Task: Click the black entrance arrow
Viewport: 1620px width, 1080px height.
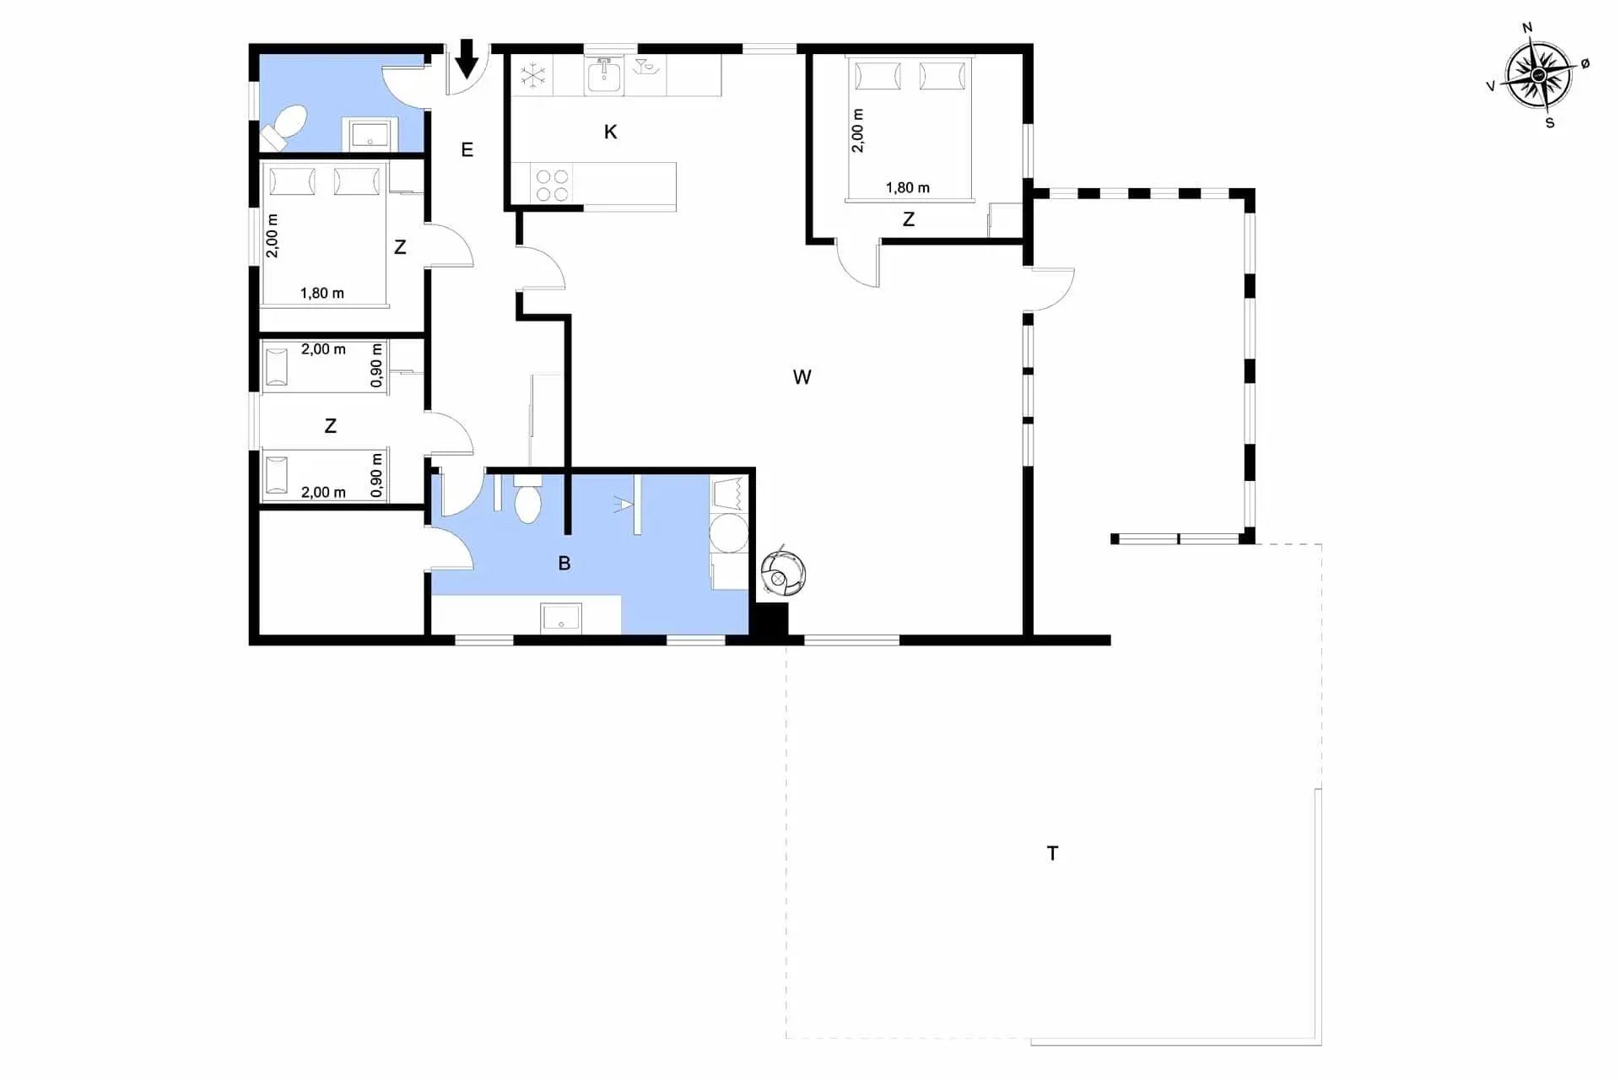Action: (x=467, y=60)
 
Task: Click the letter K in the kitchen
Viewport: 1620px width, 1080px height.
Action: (x=610, y=132)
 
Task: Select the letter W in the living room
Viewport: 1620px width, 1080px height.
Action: (x=802, y=377)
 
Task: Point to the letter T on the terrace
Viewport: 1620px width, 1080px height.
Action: (x=1052, y=853)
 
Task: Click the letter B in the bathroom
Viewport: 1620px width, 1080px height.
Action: (x=564, y=563)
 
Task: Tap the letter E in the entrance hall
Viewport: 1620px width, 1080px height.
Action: (x=467, y=150)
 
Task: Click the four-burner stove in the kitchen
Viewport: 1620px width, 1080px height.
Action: (x=552, y=186)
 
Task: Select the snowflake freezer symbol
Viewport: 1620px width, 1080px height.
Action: (x=532, y=76)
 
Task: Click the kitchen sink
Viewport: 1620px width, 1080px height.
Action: (x=603, y=76)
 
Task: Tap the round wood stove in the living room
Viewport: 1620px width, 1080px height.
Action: (x=783, y=573)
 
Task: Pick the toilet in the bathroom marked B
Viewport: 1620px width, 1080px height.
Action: (x=527, y=499)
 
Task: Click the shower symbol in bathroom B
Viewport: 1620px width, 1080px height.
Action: (x=624, y=505)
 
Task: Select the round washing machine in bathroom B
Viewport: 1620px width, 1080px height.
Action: (x=728, y=533)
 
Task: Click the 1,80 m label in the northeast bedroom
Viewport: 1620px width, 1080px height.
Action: (x=907, y=187)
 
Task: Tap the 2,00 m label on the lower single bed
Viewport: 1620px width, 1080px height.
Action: (x=323, y=492)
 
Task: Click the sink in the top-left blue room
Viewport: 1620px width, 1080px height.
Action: (x=370, y=134)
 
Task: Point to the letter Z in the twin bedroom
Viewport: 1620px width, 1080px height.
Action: (x=330, y=426)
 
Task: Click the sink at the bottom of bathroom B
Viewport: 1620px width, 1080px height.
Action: (x=561, y=617)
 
